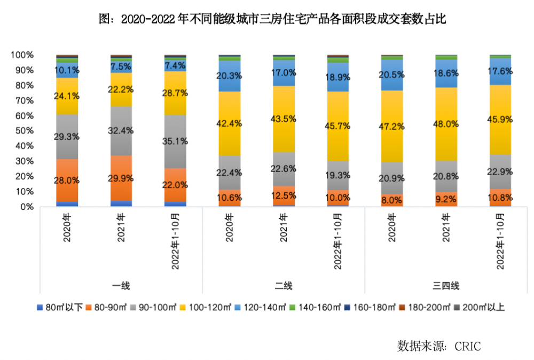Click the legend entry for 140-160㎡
click(x=315, y=308)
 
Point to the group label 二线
click(x=284, y=286)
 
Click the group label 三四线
click(x=445, y=286)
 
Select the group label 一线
click(x=121, y=286)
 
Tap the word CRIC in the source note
click(x=468, y=346)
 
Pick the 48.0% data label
click(x=445, y=124)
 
